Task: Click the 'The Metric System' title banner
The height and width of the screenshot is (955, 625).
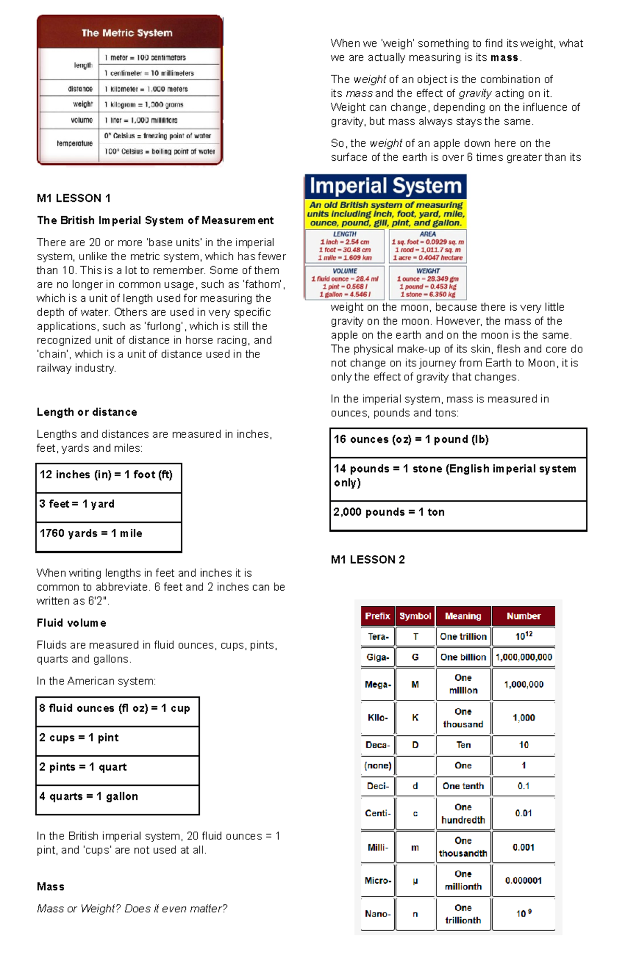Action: pos(127,33)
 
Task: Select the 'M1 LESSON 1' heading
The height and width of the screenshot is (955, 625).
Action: pos(73,198)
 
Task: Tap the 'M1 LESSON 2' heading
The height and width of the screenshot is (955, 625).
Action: pos(368,559)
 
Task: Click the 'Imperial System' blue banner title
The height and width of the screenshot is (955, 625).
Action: pos(385,186)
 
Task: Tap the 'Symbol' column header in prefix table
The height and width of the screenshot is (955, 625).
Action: pos(415,616)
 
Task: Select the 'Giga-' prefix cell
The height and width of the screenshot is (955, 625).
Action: pos(378,657)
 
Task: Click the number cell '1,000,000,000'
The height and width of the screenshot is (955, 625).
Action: pos(523,657)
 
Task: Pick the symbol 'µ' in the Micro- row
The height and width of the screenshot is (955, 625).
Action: pos(415,881)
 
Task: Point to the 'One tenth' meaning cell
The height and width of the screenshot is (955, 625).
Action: pos(463,786)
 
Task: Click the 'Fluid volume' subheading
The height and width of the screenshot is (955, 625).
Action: pos(71,623)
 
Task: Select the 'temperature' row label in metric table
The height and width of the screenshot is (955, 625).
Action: pos(74,144)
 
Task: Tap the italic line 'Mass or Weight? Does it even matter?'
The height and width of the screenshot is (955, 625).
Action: pos(132,909)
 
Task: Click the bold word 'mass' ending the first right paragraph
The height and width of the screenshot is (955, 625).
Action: pos(504,58)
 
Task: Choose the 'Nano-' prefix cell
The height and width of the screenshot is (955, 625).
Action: pos(378,914)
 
